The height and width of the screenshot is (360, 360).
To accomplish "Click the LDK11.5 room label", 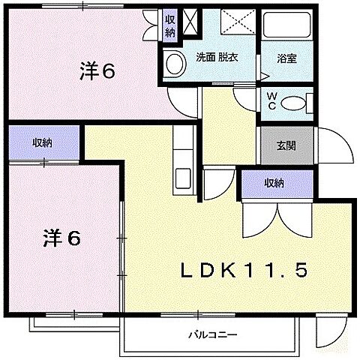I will [x=242, y=270].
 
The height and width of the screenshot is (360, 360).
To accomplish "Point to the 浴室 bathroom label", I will [x=286, y=58].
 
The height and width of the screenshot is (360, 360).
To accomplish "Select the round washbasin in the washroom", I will [x=173, y=64].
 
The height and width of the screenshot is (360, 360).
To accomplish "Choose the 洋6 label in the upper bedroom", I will [x=97, y=72].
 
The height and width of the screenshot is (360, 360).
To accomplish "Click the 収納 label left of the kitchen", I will [x=42, y=142].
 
